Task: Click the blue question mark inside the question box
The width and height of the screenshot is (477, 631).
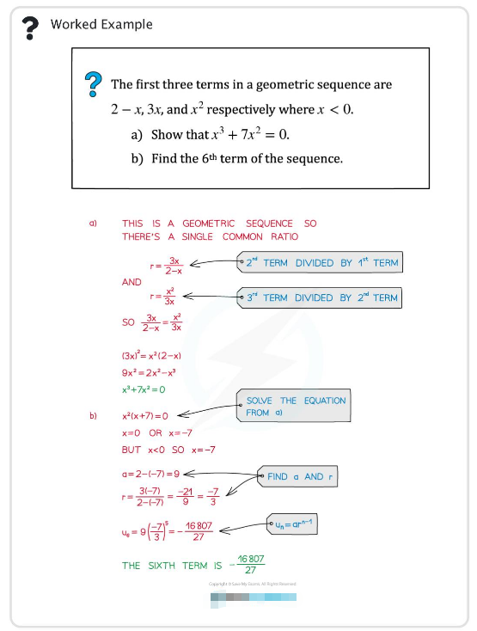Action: point(93,85)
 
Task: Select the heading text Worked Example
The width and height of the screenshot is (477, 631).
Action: point(101,24)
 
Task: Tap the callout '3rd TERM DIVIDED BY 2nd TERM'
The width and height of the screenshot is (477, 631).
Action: point(321,297)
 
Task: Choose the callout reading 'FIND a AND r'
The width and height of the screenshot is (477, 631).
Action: point(301,476)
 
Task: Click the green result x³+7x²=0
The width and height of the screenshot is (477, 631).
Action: point(143,389)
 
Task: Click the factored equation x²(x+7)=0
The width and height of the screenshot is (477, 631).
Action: point(145,416)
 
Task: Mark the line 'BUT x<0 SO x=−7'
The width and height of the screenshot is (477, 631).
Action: point(168,450)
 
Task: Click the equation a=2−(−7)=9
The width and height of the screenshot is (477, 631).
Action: point(150,474)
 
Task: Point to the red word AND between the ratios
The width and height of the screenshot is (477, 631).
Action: point(131,281)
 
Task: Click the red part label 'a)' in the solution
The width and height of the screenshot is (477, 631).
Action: point(93,224)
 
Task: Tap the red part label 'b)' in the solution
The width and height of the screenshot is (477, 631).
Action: point(93,416)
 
